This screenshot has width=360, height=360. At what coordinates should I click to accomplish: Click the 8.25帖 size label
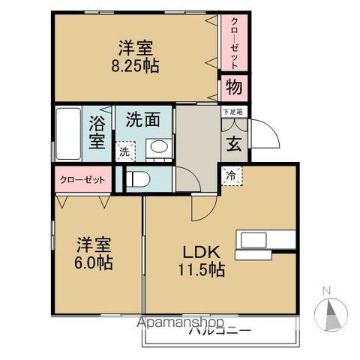[x=136, y=65]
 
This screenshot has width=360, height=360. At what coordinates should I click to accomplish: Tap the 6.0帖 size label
[x=92, y=263]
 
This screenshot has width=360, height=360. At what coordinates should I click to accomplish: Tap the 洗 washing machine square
[x=124, y=151]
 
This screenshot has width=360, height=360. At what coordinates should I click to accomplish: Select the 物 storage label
[x=233, y=87]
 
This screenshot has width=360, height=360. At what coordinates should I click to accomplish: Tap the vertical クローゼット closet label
[x=234, y=43]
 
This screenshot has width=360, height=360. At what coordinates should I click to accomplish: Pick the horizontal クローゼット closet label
[x=82, y=181]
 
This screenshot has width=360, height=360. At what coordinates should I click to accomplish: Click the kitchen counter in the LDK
[x=267, y=240]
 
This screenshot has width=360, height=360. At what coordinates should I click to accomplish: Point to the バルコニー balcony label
[x=220, y=330]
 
